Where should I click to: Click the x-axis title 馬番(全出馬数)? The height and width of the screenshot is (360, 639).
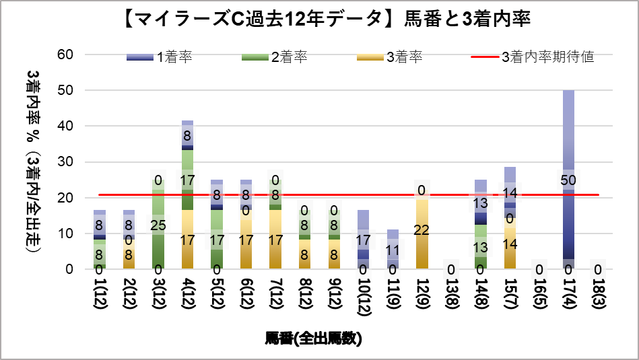click(x=314, y=338)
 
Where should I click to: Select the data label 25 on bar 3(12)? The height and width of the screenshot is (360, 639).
click(x=158, y=224)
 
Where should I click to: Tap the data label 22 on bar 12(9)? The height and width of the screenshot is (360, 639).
click(x=422, y=229)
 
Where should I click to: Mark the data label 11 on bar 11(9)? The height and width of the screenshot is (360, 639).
click(x=393, y=251)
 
